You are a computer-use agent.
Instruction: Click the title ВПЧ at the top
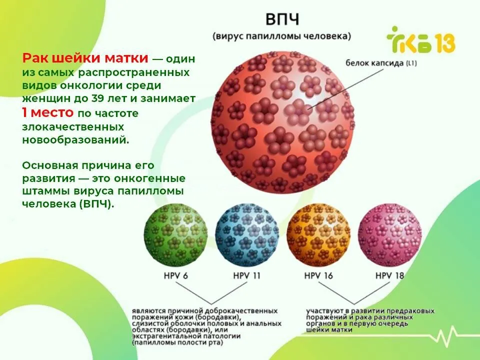282,19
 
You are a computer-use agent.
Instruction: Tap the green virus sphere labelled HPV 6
175,235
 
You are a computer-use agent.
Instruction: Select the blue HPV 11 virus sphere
247,235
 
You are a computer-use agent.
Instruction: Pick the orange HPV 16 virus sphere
318,235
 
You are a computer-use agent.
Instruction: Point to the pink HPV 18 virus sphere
390,235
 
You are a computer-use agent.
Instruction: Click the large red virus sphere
282,122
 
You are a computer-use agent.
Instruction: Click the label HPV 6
175,276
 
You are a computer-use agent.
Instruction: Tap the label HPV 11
246,276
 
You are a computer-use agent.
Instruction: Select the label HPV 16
318,276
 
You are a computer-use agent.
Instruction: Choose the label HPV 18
389,276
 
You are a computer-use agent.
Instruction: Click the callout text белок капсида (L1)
381,63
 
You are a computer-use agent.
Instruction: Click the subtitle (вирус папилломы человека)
282,36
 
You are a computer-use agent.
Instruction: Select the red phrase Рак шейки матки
85,58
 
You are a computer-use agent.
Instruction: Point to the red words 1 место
48,112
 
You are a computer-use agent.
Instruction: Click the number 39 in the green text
98,98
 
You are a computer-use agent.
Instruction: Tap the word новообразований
75,140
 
